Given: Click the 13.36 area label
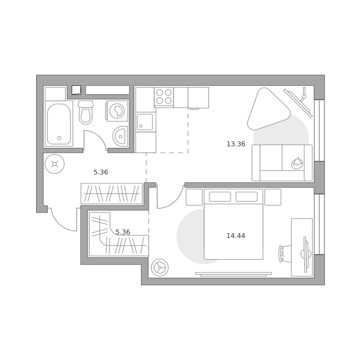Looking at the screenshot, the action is [236, 144].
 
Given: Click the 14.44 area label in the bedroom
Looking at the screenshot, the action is [236, 236].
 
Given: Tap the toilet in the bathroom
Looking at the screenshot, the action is [85, 112].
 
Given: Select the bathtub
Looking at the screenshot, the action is [59, 124].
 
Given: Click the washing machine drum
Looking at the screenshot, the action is [117, 111].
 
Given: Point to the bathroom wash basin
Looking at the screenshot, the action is [120, 136].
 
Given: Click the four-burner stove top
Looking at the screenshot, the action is [164, 96].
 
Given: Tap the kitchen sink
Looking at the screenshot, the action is [145, 122].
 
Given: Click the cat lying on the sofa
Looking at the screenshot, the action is [297, 163].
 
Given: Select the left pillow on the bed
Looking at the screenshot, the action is [220, 197].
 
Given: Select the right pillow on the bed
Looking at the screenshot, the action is [246, 197].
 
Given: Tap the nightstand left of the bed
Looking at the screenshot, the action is [194, 197].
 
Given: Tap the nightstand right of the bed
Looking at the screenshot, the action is [273, 197].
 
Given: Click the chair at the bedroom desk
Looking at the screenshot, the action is [285, 253].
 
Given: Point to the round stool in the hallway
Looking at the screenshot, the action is [55, 164].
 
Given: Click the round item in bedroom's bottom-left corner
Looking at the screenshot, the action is [160, 268].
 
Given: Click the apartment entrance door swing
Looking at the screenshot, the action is [62, 221].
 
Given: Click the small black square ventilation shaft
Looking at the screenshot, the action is [76, 90].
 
